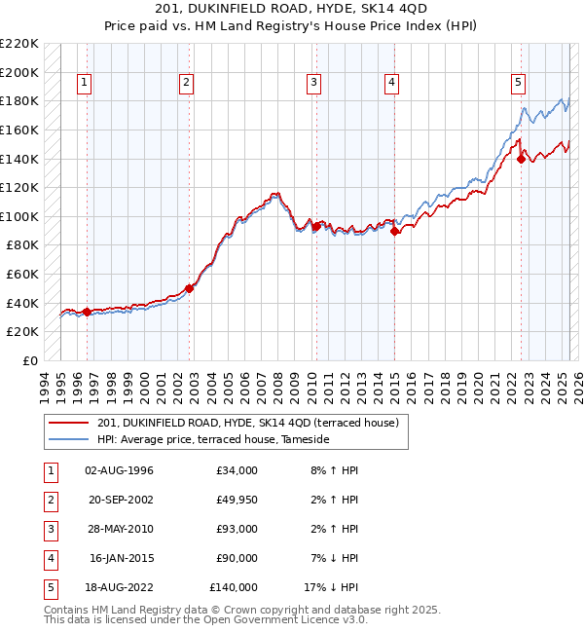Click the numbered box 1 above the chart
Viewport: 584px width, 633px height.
coord(86,84)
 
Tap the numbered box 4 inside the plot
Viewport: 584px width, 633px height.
coord(390,84)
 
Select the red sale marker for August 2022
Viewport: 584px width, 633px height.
coord(521,160)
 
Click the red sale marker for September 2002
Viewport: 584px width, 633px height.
coord(190,288)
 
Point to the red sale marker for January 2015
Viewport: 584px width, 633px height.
coord(394,231)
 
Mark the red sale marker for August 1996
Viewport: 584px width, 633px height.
coord(88,312)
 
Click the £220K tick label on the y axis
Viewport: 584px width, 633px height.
coord(19,44)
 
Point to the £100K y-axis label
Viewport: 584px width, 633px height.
coord(19,216)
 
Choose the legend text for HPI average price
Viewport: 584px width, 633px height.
coord(213,440)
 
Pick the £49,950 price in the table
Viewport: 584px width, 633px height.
coord(235,500)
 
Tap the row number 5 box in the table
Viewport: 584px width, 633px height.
coord(50,587)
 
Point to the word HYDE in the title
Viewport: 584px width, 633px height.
coord(290,10)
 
